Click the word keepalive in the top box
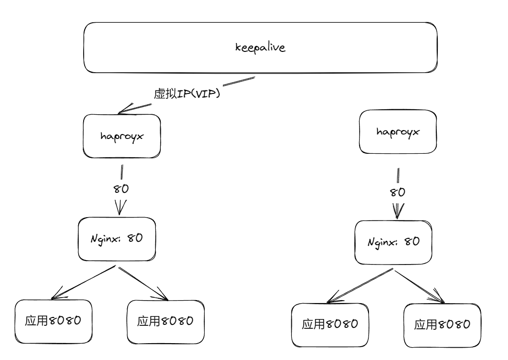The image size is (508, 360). pyautogui.click(x=260, y=48)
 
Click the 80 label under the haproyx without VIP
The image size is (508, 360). pyautogui.click(x=398, y=192)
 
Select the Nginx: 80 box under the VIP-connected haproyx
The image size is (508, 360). pyautogui.click(x=117, y=238)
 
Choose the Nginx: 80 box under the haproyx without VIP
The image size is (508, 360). pyautogui.click(x=393, y=242)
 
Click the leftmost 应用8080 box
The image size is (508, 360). pyautogui.click(x=52, y=321)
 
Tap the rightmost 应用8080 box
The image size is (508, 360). pyautogui.click(x=442, y=324)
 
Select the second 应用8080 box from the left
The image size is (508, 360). pyautogui.click(x=165, y=321)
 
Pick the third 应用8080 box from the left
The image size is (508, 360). pyautogui.click(x=329, y=324)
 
